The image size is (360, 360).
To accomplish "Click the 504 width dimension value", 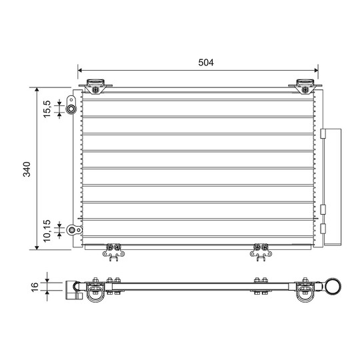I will [x=205, y=63].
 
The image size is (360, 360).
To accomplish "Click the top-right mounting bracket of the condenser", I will [x=305, y=86].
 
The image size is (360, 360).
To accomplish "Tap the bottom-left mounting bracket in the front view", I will [x=113, y=251].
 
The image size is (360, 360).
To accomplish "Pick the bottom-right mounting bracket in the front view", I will [x=259, y=251].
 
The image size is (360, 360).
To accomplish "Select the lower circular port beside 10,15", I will [x=71, y=231].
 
